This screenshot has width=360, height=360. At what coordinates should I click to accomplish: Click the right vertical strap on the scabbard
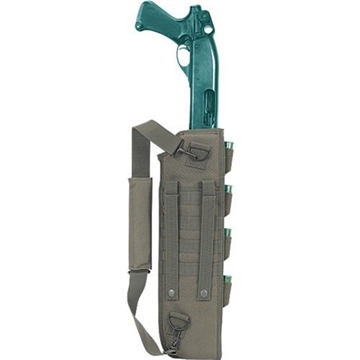208,235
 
